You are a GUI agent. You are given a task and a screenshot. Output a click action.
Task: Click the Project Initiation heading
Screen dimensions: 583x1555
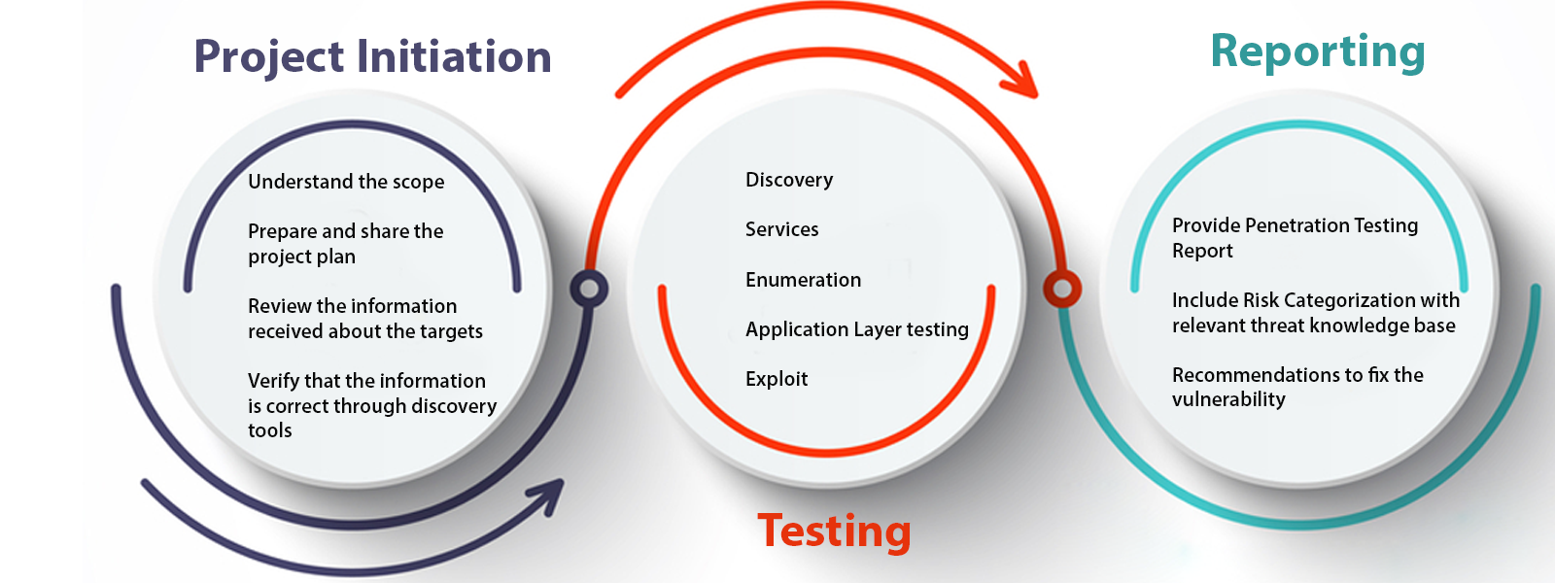click(x=372, y=56)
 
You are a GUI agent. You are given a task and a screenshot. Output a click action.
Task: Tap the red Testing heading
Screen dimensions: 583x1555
click(x=834, y=532)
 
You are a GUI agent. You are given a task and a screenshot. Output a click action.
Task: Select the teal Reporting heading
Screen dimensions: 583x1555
click(x=1317, y=51)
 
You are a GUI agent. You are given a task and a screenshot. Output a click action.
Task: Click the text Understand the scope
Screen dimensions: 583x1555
click(x=346, y=182)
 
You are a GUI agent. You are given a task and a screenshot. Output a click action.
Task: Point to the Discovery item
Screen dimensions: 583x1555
click(x=789, y=180)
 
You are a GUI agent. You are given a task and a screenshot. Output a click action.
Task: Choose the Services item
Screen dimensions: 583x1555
click(x=781, y=229)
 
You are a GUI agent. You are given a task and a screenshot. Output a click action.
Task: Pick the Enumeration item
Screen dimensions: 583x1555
click(x=803, y=280)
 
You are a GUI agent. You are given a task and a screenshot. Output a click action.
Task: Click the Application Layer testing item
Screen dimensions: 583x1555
click(x=856, y=329)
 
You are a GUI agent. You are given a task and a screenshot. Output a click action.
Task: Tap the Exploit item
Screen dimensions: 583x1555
click(x=776, y=379)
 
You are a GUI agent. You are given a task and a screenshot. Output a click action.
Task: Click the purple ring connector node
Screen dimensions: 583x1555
click(x=589, y=289)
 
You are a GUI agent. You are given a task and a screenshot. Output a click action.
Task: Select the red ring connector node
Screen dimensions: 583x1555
click(x=1062, y=289)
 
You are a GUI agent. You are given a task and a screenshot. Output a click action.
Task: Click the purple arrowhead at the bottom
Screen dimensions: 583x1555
click(x=549, y=493)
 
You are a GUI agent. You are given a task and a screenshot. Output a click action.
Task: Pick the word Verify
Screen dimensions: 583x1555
click(x=273, y=381)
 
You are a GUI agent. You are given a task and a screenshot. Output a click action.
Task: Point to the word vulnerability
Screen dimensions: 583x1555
click(x=1228, y=399)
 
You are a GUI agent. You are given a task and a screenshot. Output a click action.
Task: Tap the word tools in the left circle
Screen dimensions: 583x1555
click(x=269, y=430)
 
